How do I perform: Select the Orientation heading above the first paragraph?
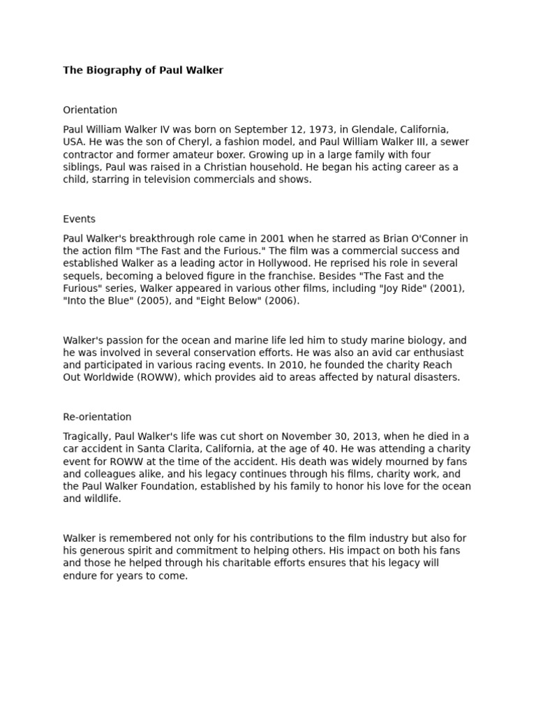pos(90,110)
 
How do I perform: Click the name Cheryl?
pos(176,142)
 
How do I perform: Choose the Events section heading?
pos(79,219)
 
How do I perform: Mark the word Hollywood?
pos(259,264)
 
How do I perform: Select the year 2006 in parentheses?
pos(283,301)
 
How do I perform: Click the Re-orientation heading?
pos(97,418)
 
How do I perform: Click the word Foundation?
pos(167,487)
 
